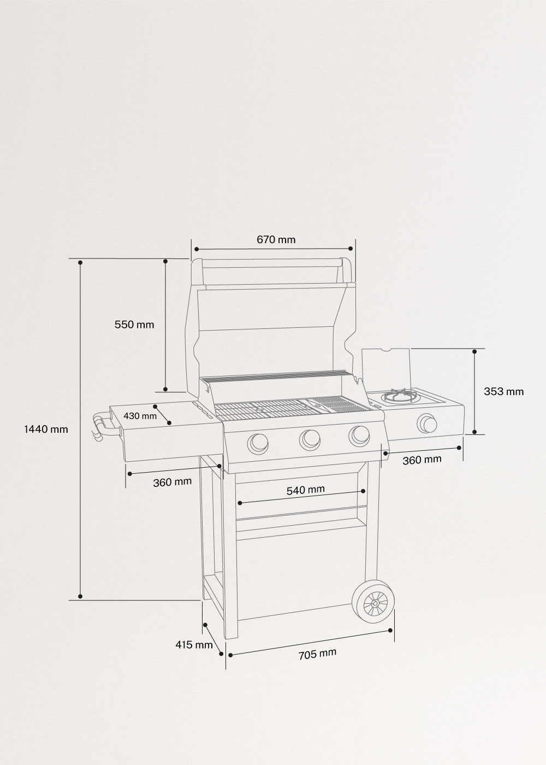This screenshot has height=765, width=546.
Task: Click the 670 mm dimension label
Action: click(276, 239)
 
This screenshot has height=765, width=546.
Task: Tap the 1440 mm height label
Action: click(46, 429)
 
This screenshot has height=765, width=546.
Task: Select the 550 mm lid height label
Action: click(134, 325)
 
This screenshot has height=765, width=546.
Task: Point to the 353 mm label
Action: click(503, 391)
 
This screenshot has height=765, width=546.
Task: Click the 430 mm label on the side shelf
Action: click(140, 416)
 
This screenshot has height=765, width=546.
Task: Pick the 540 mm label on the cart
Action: click(306, 490)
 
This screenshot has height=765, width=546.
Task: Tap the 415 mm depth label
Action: click(194, 645)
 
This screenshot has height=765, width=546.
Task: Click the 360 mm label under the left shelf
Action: click(172, 482)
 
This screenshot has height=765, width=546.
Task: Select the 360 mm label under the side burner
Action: click(422, 460)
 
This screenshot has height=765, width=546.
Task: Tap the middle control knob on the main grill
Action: click(310, 438)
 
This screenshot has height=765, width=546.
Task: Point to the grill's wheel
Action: click(375, 602)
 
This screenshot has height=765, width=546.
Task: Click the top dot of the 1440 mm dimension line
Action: click(80, 263)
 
